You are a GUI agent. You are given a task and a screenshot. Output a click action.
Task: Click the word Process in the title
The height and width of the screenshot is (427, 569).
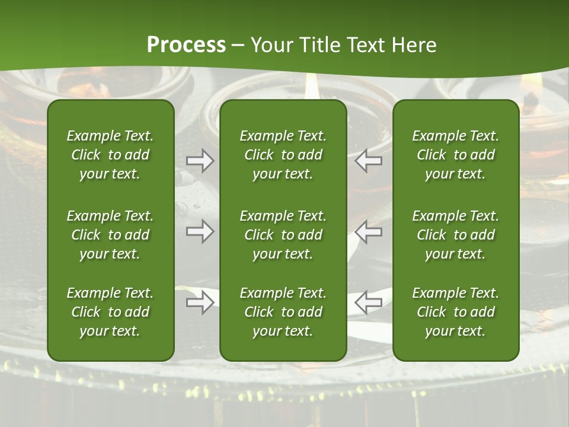point(186,45)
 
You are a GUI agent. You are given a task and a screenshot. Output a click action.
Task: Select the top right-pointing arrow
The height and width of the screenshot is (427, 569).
point(200,161)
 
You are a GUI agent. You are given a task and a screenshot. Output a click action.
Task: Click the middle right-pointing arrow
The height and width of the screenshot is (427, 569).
point(200,231)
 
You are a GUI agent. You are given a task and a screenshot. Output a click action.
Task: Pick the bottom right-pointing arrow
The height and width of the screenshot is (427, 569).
point(200,303)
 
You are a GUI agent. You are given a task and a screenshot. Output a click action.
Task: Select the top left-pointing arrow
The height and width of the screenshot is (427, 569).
point(369,161)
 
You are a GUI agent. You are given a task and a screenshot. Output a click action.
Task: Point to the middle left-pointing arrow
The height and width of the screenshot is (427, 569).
point(369,231)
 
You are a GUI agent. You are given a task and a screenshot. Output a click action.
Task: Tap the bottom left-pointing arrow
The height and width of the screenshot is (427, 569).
point(369,302)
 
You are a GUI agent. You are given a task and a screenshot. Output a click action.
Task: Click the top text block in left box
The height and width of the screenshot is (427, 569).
point(110,155)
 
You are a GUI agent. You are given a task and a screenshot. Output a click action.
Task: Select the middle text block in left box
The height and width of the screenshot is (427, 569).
point(110,235)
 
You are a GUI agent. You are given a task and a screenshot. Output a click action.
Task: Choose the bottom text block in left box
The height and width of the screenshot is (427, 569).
point(110,312)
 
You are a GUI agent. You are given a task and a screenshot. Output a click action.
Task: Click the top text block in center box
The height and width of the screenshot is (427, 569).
point(283,155)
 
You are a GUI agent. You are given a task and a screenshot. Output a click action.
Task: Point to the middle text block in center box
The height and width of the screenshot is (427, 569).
point(283,235)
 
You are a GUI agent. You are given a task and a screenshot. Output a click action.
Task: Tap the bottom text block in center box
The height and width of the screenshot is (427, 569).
point(283,312)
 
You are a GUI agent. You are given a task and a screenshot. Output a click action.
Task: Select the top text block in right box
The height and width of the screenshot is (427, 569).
point(456,155)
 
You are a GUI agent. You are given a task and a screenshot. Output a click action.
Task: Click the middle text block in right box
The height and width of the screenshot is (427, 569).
point(456,235)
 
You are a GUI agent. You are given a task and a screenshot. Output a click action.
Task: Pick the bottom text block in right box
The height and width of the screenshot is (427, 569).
point(456,312)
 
